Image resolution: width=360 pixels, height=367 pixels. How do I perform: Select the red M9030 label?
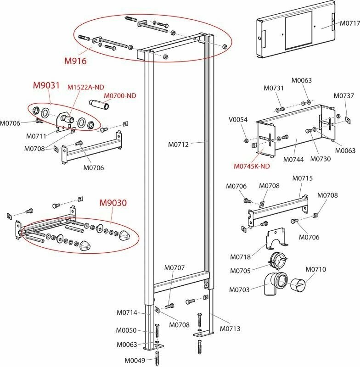tap(114, 203)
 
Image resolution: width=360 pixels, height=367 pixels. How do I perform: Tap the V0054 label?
tap(238, 120)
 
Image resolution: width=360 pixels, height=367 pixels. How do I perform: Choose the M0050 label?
tap(126, 330)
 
